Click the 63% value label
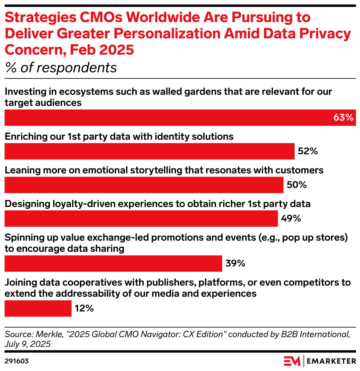point(343,118)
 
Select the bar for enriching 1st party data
point(149,151)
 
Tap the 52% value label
point(308,151)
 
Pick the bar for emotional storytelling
point(144,185)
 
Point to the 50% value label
point(296,185)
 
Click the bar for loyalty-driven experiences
point(141,218)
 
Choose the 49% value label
point(291,218)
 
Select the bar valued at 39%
point(113,263)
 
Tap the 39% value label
point(235,263)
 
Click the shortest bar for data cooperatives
point(38,308)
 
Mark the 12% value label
point(84,308)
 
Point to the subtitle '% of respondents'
point(61,68)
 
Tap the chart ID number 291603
point(17,361)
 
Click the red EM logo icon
point(292,361)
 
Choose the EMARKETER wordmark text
point(331,361)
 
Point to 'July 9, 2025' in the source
point(28,344)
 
